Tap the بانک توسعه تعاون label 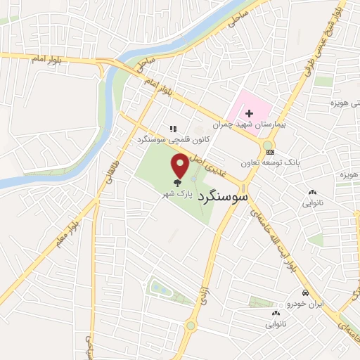click(x=288, y=161)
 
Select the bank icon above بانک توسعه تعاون click(x=270, y=151)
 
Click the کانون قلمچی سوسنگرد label click(x=164, y=140)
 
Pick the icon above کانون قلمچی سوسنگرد click(x=172, y=129)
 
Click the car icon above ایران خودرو click(x=304, y=292)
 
